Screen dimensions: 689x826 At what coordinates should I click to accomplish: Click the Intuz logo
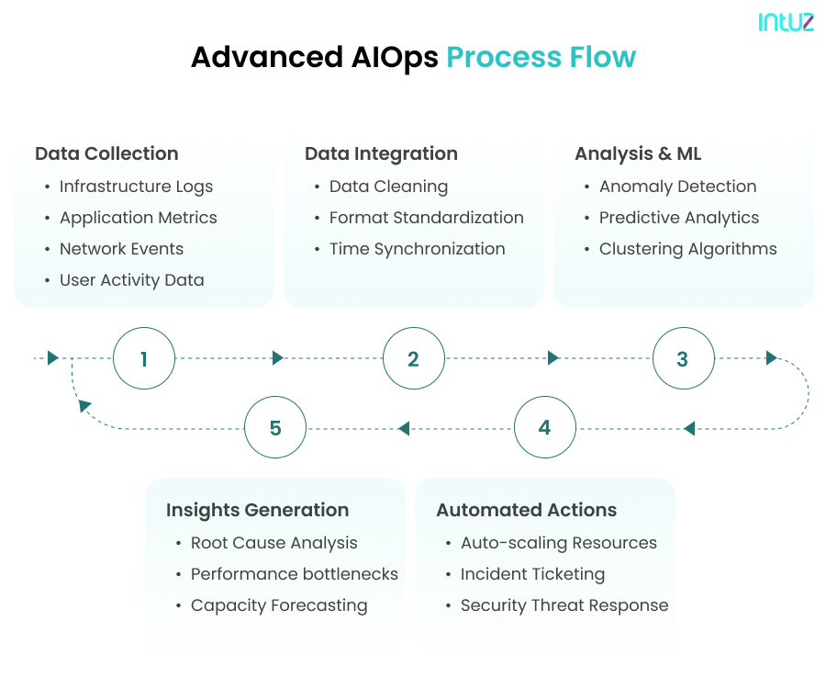pos(786,23)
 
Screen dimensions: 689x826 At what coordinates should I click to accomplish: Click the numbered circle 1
pos(144,358)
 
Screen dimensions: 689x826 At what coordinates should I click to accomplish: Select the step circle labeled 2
pos(413,358)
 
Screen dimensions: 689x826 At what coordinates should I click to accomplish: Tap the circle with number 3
pos(683,358)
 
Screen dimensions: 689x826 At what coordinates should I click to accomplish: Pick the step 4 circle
pos(544,428)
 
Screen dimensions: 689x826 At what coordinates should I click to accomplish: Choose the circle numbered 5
pos(275,428)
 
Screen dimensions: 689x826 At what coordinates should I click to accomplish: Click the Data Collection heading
pos(106,153)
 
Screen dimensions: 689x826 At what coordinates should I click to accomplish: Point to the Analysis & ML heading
pos(638,153)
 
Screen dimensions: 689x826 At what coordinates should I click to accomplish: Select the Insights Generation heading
pos(257,510)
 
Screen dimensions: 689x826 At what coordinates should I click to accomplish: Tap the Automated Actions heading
pos(526,510)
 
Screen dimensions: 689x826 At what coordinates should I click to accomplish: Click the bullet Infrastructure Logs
pos(136,186)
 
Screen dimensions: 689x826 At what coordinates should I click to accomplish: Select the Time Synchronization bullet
pos(417,249)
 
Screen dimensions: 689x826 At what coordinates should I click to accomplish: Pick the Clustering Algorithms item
pos(687,249)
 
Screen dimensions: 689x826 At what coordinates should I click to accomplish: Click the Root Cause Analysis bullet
pos(273,543)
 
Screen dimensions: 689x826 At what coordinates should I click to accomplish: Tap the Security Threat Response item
pos(564,605)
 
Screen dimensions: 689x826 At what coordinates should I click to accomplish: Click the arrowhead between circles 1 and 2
pos(278,358)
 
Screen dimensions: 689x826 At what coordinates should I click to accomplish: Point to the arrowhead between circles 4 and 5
pos(403,428)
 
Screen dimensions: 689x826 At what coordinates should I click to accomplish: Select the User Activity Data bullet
pos(131,280)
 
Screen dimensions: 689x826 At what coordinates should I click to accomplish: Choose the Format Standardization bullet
pos(426,218)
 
